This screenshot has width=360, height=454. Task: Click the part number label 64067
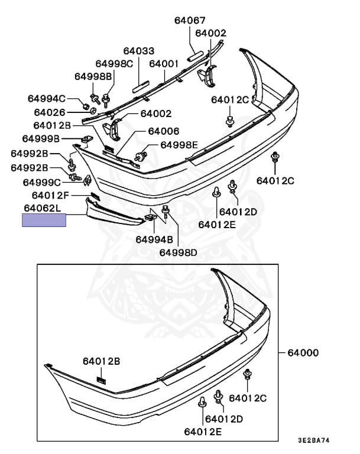pos(190,20)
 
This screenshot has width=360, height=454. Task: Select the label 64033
pos(139,51)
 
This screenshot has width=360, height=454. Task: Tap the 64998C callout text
pos(115,64)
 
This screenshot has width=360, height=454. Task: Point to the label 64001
pos(164,64)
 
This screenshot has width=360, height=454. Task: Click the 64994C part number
pos(47,99)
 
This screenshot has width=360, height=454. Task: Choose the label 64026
pos(50,112)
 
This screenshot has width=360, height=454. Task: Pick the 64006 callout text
pos(164,131)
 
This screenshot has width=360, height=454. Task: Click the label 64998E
pos(179,145)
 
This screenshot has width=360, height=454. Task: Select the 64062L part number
pos(43,208)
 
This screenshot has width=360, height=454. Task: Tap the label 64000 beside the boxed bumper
pos(303,353)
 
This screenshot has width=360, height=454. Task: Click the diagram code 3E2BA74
pos(314,440)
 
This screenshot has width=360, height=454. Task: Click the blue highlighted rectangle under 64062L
pos(44,220)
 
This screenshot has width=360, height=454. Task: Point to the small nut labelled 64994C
pos(86,106)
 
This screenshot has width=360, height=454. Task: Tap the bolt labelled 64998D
pos(166,212)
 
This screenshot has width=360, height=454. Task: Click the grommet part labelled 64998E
pos(141,156)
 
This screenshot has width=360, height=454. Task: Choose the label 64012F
pos(50,196)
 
